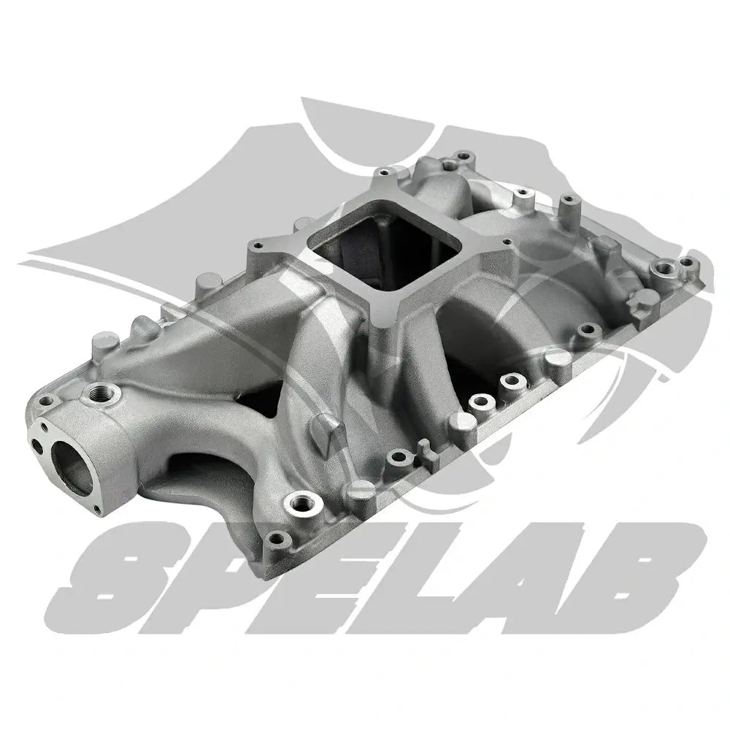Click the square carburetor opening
(x=385, y=250)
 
